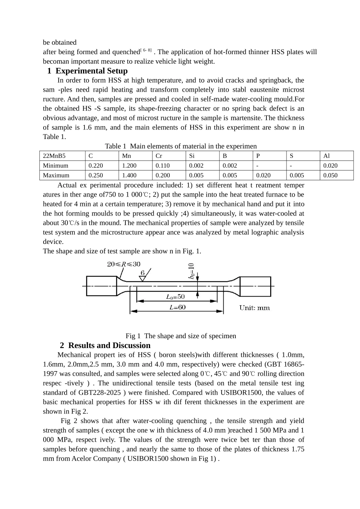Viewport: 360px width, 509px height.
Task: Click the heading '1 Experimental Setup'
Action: coord(88,71)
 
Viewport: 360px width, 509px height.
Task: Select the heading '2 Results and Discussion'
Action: coord(105,345)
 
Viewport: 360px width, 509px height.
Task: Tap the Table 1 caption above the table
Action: coord(181,146)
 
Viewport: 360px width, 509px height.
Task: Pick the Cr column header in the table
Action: coord(159,156)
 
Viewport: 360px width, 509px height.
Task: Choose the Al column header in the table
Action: coord(327,156)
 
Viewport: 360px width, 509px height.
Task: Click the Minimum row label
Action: coord(56,166)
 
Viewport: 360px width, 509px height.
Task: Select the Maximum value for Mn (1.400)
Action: coord(129,175)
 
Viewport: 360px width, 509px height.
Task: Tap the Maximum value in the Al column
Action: coord(330,175)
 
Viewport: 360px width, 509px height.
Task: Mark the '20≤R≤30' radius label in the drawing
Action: coord(124,264)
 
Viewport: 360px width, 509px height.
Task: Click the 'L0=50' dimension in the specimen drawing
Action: coord(175,297)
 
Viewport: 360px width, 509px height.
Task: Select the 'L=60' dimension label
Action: coord(177,307)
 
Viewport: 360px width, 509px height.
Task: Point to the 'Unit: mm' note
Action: coord(254,308)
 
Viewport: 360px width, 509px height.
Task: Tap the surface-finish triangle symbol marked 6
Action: coord(143,278)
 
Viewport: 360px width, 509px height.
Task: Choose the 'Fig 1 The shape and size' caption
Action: coord(181,336)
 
